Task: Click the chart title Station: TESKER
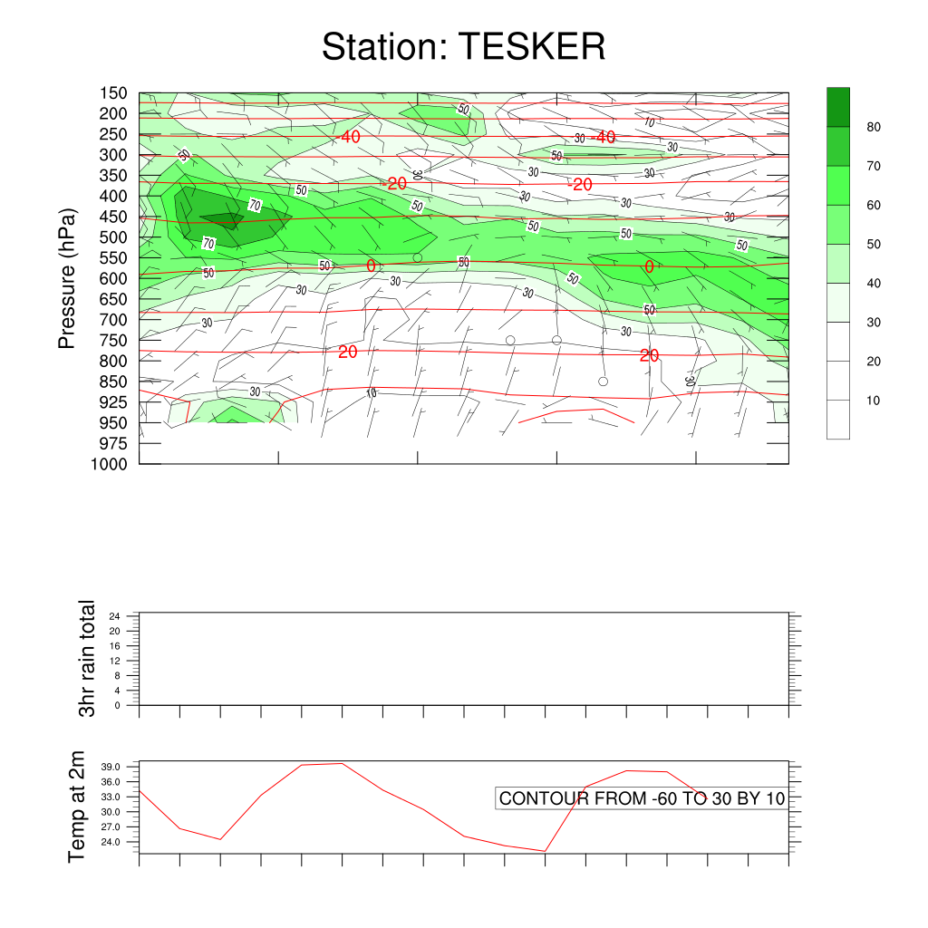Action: (x=463, y=46)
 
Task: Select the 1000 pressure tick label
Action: (x=110, y=464)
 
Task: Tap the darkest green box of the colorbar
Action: (x=838, y=107)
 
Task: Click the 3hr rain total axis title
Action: (x=87, y=658)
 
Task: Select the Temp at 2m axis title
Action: (x=78, y=807)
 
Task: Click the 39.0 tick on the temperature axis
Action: (x=121, y=767)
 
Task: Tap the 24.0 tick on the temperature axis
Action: (x=121, y=843)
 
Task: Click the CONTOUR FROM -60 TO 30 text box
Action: (x=642, y=798)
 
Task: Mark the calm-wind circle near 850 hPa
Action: (x=603, y=382)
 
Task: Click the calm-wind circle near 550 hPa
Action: (x=418, y=258)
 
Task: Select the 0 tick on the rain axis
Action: (x=118, y=704)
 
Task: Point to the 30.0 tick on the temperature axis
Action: (x=121, y=812)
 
